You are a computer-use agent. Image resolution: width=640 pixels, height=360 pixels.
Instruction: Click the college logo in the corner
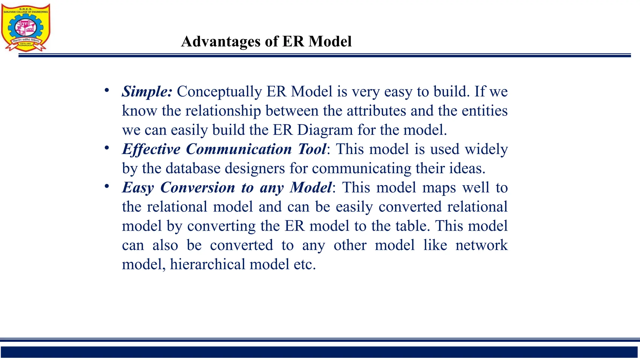(26, 27)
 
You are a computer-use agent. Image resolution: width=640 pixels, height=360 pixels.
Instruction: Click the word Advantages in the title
(221, 42)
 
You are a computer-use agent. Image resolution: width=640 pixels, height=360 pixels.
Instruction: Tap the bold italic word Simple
(147, 92)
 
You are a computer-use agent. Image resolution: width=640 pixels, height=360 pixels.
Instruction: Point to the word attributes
(376, 111)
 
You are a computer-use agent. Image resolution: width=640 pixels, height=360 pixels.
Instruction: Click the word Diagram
(325, 130)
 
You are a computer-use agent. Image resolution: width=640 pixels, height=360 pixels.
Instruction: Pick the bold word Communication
(239, 149)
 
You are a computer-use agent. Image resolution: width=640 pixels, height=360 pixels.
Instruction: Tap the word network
(481, 245)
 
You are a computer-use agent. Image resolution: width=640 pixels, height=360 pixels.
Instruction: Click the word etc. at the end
(305, 264)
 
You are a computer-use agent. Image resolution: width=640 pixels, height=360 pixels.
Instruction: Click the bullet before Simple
(107, 91)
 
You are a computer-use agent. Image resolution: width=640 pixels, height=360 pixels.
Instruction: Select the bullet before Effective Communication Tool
(107, 148)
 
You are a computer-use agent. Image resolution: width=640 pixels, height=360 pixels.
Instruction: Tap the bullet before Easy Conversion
(107, 187)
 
